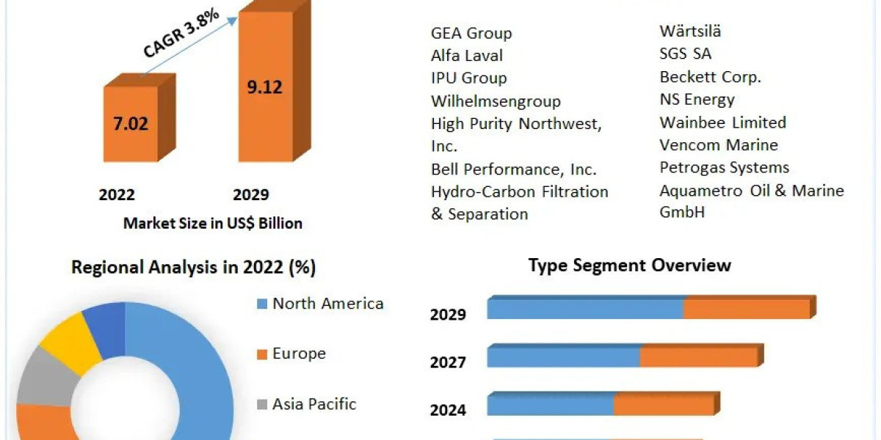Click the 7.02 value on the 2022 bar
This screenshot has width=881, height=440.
pos(130,123)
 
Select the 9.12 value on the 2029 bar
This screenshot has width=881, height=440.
pos(264,87)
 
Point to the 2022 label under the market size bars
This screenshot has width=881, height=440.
pos(117,194)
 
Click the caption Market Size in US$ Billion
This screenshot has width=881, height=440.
pos(213,223)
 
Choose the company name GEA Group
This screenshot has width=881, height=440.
pos(471,33)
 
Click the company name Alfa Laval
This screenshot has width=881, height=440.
pos(467,56)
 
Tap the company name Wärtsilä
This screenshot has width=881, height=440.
pos(690,31)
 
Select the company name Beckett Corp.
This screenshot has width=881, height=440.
pos(710,76)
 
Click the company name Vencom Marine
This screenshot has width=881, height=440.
pos(718,144)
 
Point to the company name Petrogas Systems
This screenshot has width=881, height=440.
pos(724,167)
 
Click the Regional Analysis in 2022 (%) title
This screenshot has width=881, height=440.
pos(193,268)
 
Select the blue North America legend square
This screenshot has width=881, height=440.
pos(261,304)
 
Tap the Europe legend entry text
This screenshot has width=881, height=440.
pos(299,353)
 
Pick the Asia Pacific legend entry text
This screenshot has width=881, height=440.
pos(314,403)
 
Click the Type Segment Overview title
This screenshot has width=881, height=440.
pos(629,265)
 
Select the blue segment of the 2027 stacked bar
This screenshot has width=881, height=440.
pos(563,357)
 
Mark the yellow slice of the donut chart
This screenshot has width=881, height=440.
pos(69,340)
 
